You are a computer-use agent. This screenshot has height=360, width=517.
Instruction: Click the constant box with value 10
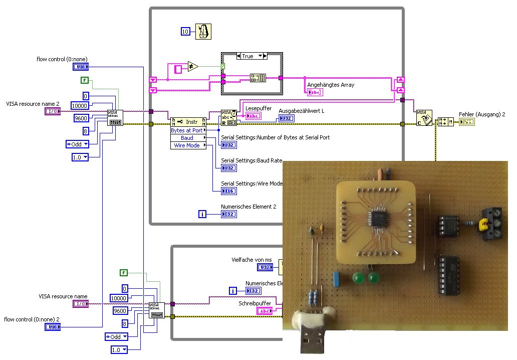pos(185,32)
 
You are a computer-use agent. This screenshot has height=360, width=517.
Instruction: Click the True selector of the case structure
pos(250,56)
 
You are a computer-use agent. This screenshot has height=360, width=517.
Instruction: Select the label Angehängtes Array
pos(331,85)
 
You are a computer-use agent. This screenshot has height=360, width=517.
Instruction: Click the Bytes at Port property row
pos(187,130)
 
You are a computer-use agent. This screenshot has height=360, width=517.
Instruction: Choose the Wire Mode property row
pos(187,145)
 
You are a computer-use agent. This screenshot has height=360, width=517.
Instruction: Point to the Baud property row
pos(187,138)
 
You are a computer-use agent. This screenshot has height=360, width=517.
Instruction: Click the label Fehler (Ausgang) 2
pos(482,114)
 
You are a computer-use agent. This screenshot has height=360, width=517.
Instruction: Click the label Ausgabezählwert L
pos(302,110)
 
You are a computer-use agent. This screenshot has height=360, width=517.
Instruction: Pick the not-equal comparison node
pos(192,67)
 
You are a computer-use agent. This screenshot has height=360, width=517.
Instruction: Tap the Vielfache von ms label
pos(252,260)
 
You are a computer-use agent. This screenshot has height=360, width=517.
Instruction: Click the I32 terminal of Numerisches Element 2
pos(229,214)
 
